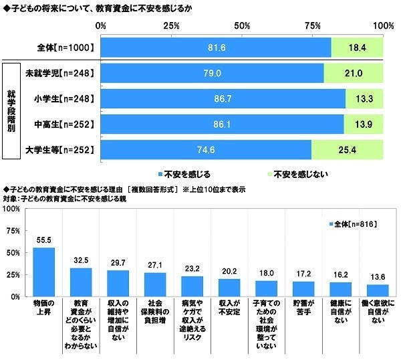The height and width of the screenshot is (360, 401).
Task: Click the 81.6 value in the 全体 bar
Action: (x=216, y=48)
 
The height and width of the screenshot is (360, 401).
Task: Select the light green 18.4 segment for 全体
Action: (x=357, y=48)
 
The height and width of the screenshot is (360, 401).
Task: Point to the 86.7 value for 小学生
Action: (x=223, y=98)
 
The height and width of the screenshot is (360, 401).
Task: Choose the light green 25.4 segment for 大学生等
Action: (x=348, y=149)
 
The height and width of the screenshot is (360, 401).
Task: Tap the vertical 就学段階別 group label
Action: (x=11, y=110)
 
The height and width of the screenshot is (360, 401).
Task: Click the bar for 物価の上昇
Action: (x=44, y=272)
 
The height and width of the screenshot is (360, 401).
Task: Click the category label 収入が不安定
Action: (x=229, y=305)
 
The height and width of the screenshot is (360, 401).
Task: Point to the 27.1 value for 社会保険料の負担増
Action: (x=155, y=265)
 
